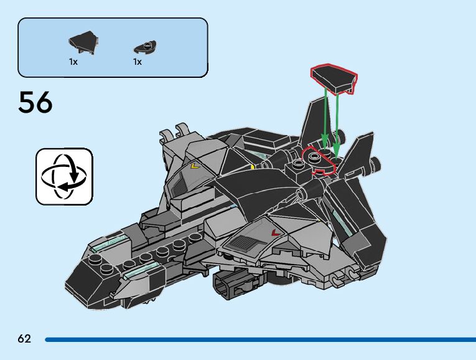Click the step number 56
[35, 103]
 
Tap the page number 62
[24, 339]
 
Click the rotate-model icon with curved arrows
[64, 176]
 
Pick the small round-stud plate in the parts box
[145, 46]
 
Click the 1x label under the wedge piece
[73, 62]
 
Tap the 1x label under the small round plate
[137, 62]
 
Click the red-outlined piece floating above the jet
[334, 79]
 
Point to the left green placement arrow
[325, 118]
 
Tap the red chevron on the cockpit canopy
[274, 232]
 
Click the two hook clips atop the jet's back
[174, 134]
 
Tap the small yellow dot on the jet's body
[253, 166]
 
